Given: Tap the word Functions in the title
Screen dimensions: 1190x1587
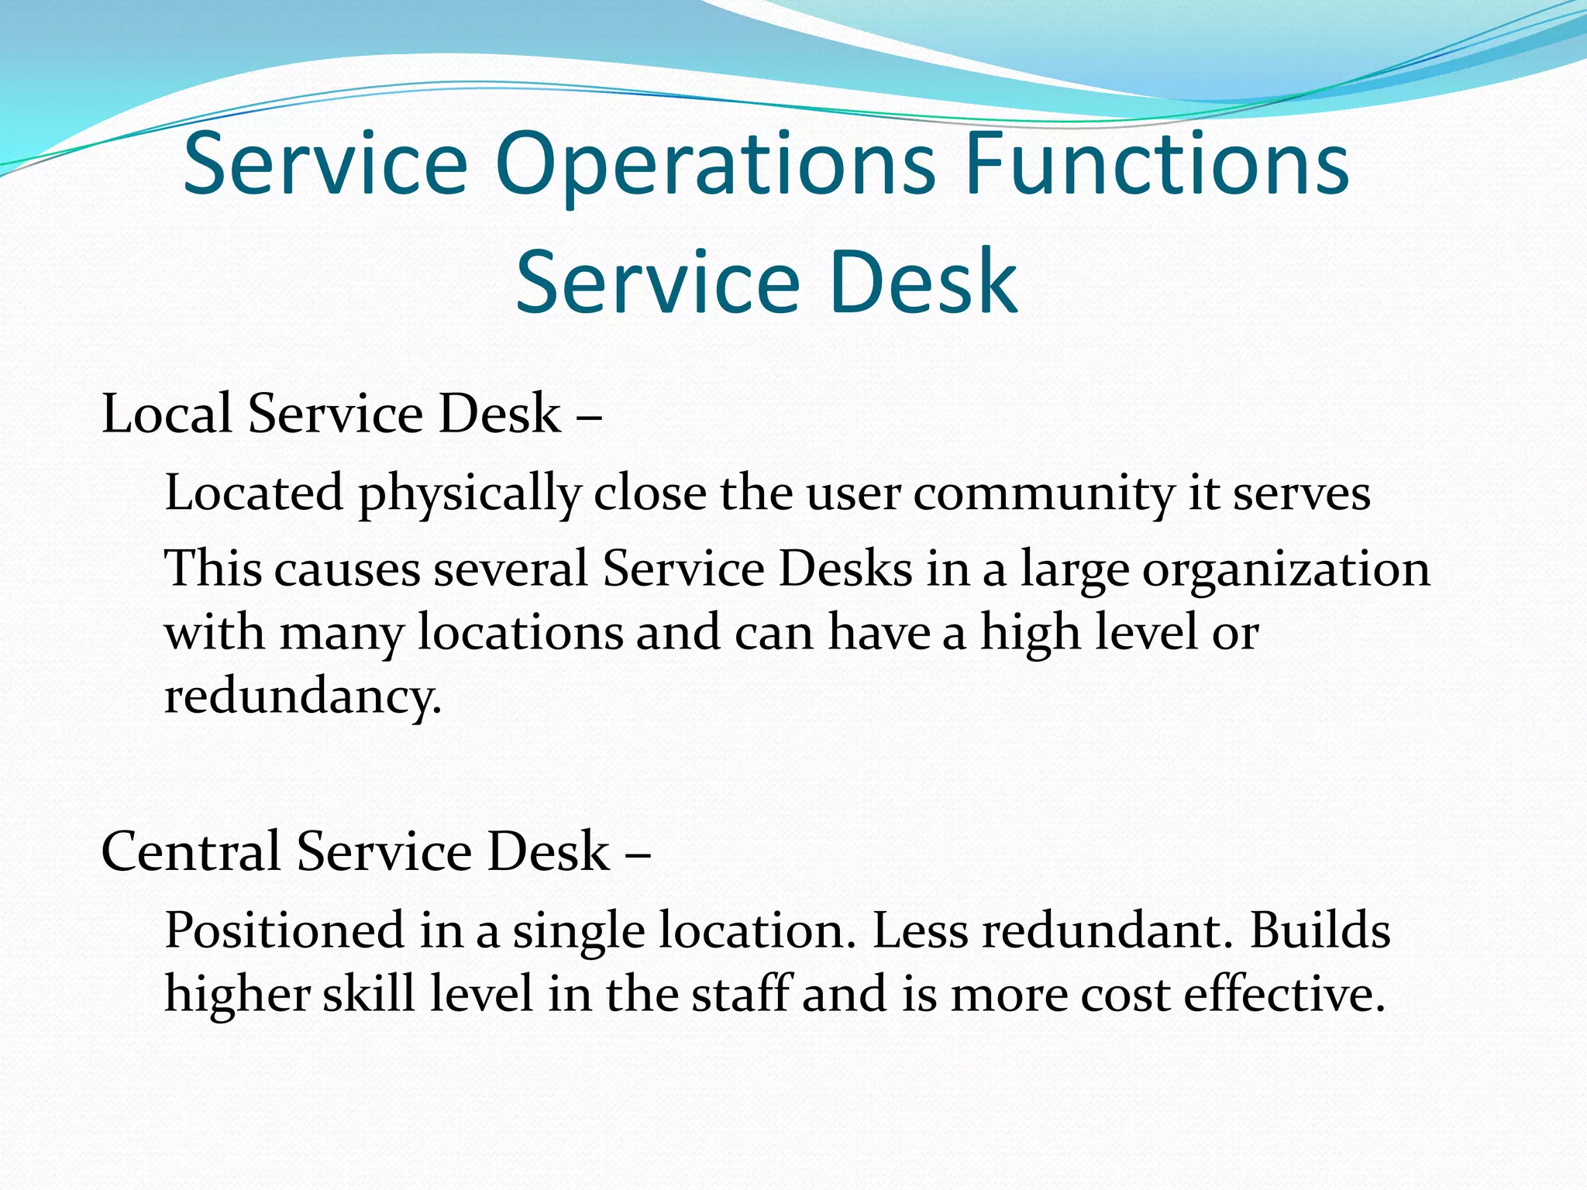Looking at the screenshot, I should (x=1158, y=165).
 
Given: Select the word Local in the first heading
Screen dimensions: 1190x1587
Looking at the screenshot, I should (x=167, y=414).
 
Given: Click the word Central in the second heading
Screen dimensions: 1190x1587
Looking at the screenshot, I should (x=191, y=851).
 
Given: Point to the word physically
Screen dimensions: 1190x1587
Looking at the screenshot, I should (x=470, y=494).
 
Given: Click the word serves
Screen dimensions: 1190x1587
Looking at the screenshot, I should (x=1301, y=494).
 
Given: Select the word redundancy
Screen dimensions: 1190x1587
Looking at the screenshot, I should (x=303, y=696).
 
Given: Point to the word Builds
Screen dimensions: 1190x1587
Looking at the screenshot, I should (x=1320, y=930).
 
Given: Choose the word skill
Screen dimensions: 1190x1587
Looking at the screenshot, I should (x=368, y=994).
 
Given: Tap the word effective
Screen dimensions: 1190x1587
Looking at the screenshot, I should (x=1284, y=994).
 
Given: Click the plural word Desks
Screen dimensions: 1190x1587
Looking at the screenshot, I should (x=845, y=569).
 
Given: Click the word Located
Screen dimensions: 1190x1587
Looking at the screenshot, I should (x=254, y=493).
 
